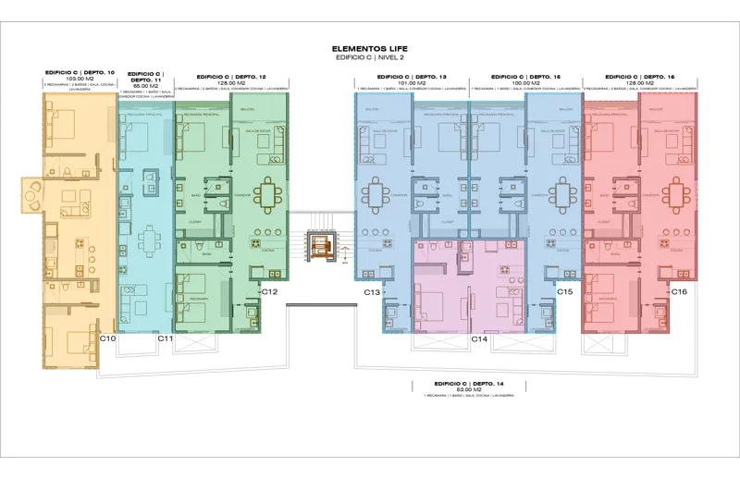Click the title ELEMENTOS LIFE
(369, 48)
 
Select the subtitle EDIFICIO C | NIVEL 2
(369, 57)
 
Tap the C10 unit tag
(107, 339)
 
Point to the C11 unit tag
(166, 339)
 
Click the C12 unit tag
(270, 292)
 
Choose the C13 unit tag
(372, 292)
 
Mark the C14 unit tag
(479, 339)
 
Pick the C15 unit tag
(565, 292)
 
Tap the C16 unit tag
(679, 292)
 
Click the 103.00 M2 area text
(79, 79)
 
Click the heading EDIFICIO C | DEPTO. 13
(412, 77)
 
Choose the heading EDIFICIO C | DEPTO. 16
(639, 77)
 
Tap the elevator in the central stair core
(321, 247)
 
